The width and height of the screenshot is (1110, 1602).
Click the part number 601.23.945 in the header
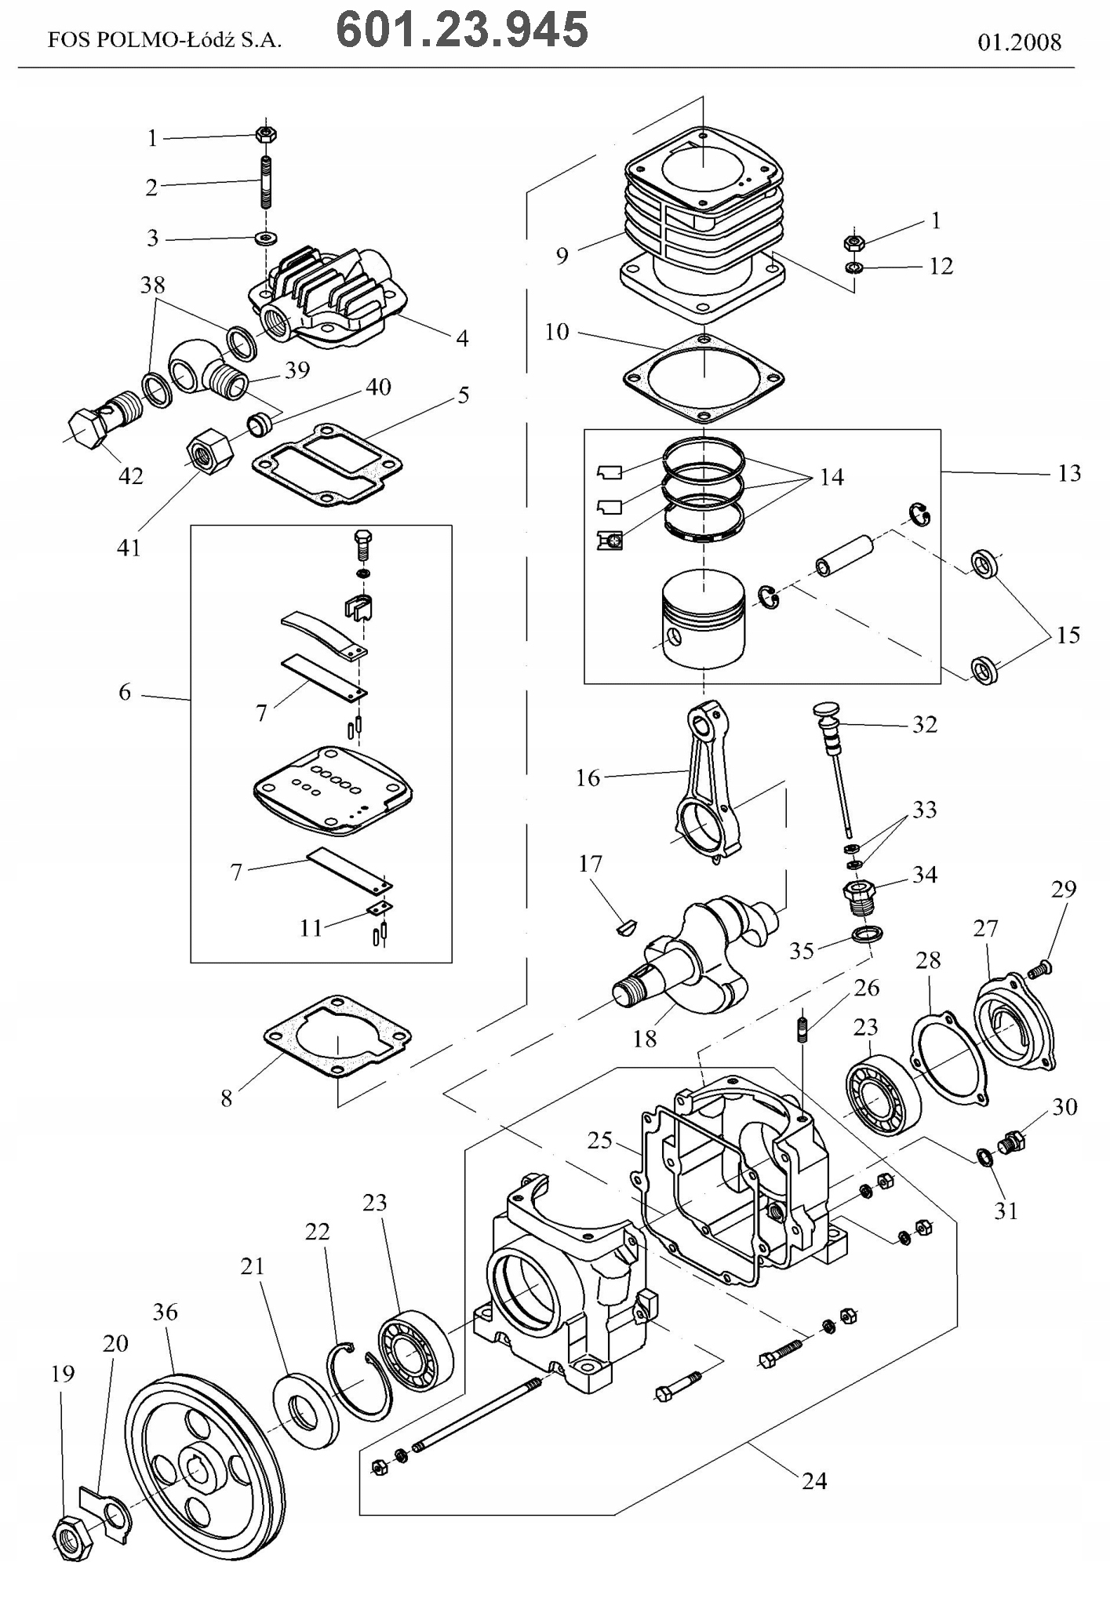pos(461,31)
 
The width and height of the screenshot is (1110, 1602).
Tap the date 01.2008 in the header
pos(1019,42)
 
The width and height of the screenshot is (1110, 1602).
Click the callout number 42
pos(131,475)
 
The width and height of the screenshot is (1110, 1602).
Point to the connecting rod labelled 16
pos(710,785)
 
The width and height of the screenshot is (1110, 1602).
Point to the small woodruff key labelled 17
pos(624,928)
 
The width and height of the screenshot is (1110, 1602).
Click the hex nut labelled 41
pos(209,451)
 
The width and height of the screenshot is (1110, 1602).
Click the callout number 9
pos(562,257)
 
